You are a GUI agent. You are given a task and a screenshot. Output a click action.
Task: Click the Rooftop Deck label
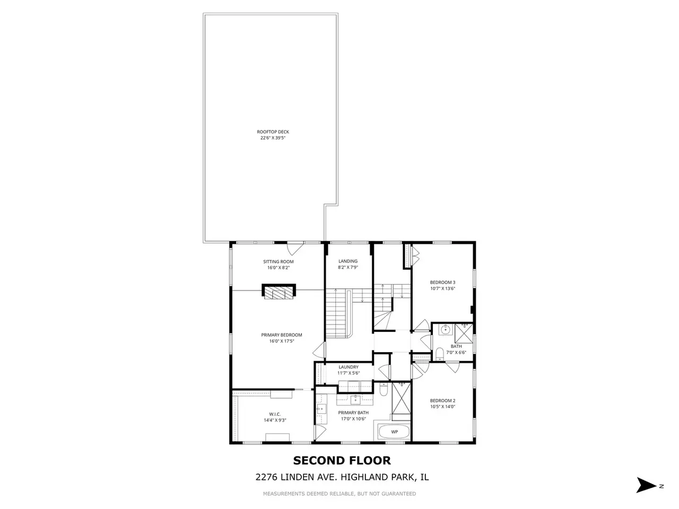pyautogui.click(x=273, y=131)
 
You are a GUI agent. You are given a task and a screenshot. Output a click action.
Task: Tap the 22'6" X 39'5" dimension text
pyautogui.click(x=273, y=138)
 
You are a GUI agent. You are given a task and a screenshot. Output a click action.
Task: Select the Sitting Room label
pyautogui.click(x=278, y=261)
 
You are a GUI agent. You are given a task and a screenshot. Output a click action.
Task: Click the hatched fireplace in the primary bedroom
pyautogui.click(x=278, y=292)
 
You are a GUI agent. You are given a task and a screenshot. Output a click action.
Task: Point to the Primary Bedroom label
pyautogui.click(x=282, y=335)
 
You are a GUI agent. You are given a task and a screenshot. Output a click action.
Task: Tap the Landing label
pyautogui.click(x=348, y=261)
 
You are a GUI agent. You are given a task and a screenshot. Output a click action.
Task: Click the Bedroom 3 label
pyautogui.click(x=442, y=282)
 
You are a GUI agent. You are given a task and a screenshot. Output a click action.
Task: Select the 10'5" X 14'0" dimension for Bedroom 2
pyautogui.click(x=442, y=407)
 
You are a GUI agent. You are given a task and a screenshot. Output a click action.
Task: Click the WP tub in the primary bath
pyautogui.click(x=394, y=432)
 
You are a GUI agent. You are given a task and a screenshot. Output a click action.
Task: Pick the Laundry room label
pyautogui.click(x=349, y=367)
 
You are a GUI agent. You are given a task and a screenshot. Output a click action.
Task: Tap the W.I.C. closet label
pyautogui.click(x=275, y=414)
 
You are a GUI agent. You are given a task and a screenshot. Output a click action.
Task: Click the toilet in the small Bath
pyautogui.click(x=440, y=354)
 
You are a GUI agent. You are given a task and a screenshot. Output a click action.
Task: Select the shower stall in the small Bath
pyautogui.click(x=464, y=334)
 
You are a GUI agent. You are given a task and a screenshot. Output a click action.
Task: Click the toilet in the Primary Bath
pyautogui.click(x=383, y=390)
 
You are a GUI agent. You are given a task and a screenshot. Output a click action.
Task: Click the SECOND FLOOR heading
pyautogui.click(x=342, y=460)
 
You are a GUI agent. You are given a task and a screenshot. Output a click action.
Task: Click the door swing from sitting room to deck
pyautogui.click(x=295, y=248)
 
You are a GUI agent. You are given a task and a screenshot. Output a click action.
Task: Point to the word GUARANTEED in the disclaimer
pyautogui.click(x=398, y=494)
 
